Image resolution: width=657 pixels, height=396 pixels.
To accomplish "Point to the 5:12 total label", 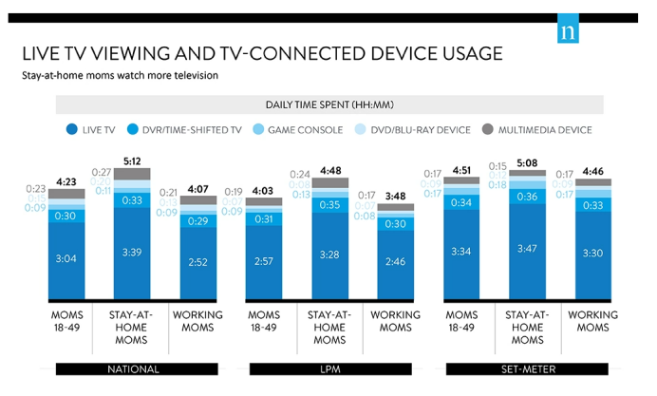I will point(132,160).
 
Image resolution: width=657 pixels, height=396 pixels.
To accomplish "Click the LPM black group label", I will point(329,368).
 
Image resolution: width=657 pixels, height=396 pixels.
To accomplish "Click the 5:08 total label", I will point(527,162).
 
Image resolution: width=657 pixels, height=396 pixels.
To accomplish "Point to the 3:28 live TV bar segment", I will point(328,252).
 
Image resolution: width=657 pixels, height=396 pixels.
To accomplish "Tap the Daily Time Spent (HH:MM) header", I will point(329,105).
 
